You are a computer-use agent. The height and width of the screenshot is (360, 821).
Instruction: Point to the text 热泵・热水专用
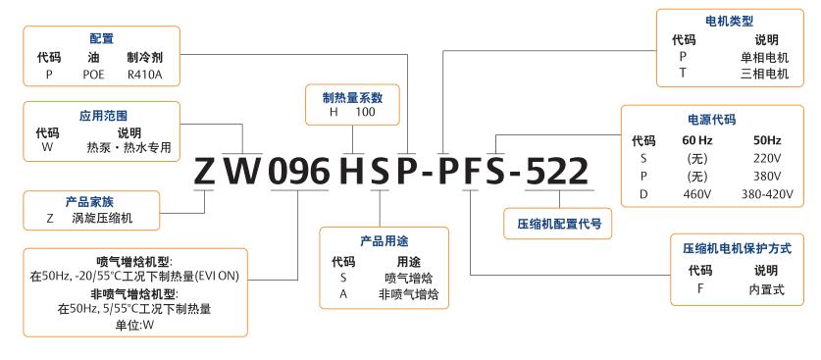tap(128, 147)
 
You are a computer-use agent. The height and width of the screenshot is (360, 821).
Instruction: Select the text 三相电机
tap(766, 74)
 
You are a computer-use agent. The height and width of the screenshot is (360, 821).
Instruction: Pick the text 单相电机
tap(766, 57)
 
